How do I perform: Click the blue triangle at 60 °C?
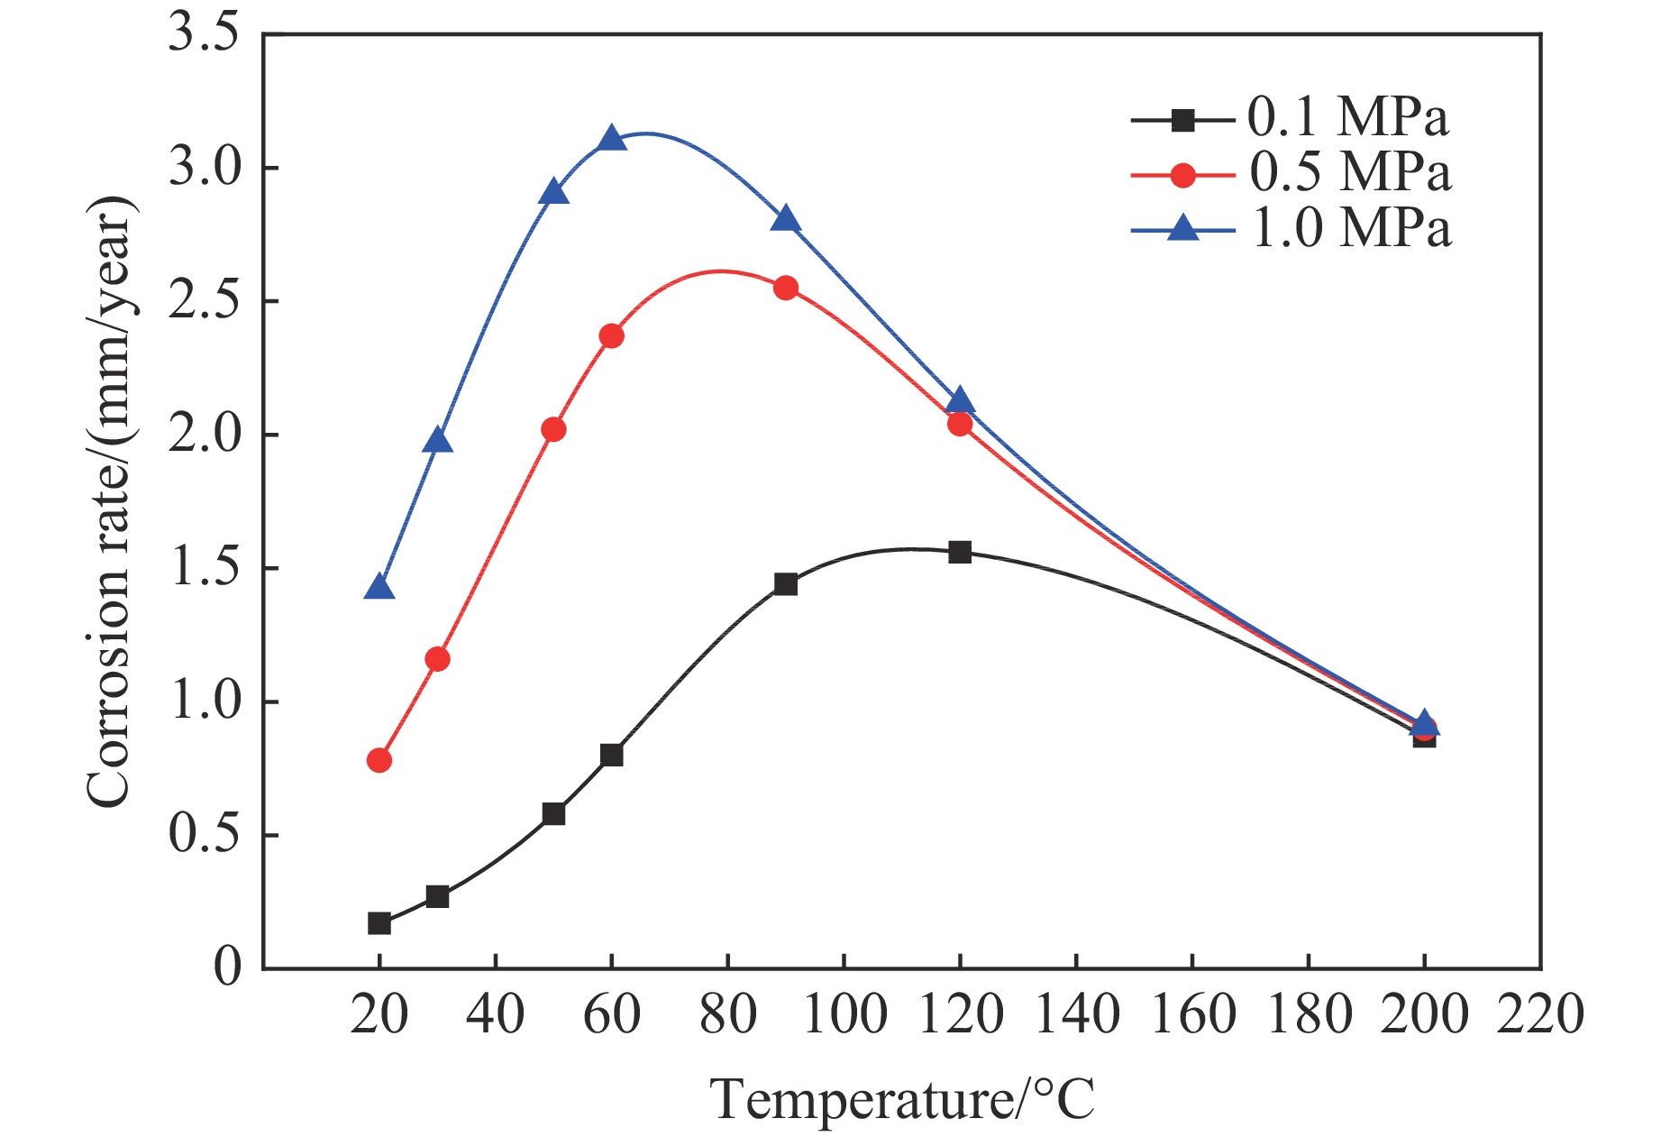[x=612, y=139]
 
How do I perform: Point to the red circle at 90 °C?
[x=786, y=289]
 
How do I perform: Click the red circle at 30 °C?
[x=437, y=659]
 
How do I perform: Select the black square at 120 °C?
[x=960, y=552]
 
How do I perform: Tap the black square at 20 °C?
[x=379, y=923]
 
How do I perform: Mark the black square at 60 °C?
[x=612, y=755]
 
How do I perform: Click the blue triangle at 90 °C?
[x=786, y=219]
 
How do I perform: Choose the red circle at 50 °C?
[x=553, y=429]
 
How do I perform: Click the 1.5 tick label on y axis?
[x=204, y=569]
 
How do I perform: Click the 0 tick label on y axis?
[x=228, y=967]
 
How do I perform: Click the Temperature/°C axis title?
[x=902, y=1098]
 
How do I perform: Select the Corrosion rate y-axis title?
[x=110, y=501]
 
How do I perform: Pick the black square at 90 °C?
[x=786, y=584]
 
